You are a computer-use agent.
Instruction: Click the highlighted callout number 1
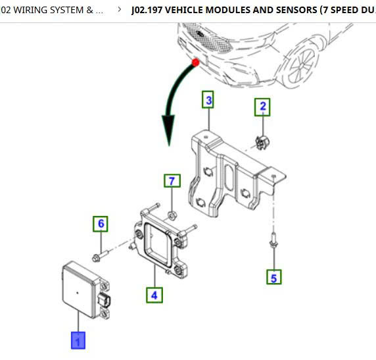click(x=78, y=340)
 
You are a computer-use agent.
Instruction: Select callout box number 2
click(x=262, y=107)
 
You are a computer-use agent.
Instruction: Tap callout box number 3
click(x=208, y=99)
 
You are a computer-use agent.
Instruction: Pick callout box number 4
click(x=154, y=295)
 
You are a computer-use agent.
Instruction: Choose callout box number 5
click(x=274, y=277)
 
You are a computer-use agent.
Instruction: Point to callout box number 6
click(x=101, y=224)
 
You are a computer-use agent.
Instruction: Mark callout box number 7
click(x=172, y=180)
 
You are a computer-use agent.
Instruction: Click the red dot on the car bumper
click(x=196, y=63)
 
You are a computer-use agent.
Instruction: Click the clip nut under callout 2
click(x=262, y=142)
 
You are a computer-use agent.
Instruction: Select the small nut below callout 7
click(x=172, y=215)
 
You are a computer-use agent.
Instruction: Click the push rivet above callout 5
click(x=273, y=241)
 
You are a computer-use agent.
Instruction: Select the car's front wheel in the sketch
click(x=300, y=66)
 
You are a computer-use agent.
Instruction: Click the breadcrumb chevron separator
click(x=120, y=10)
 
